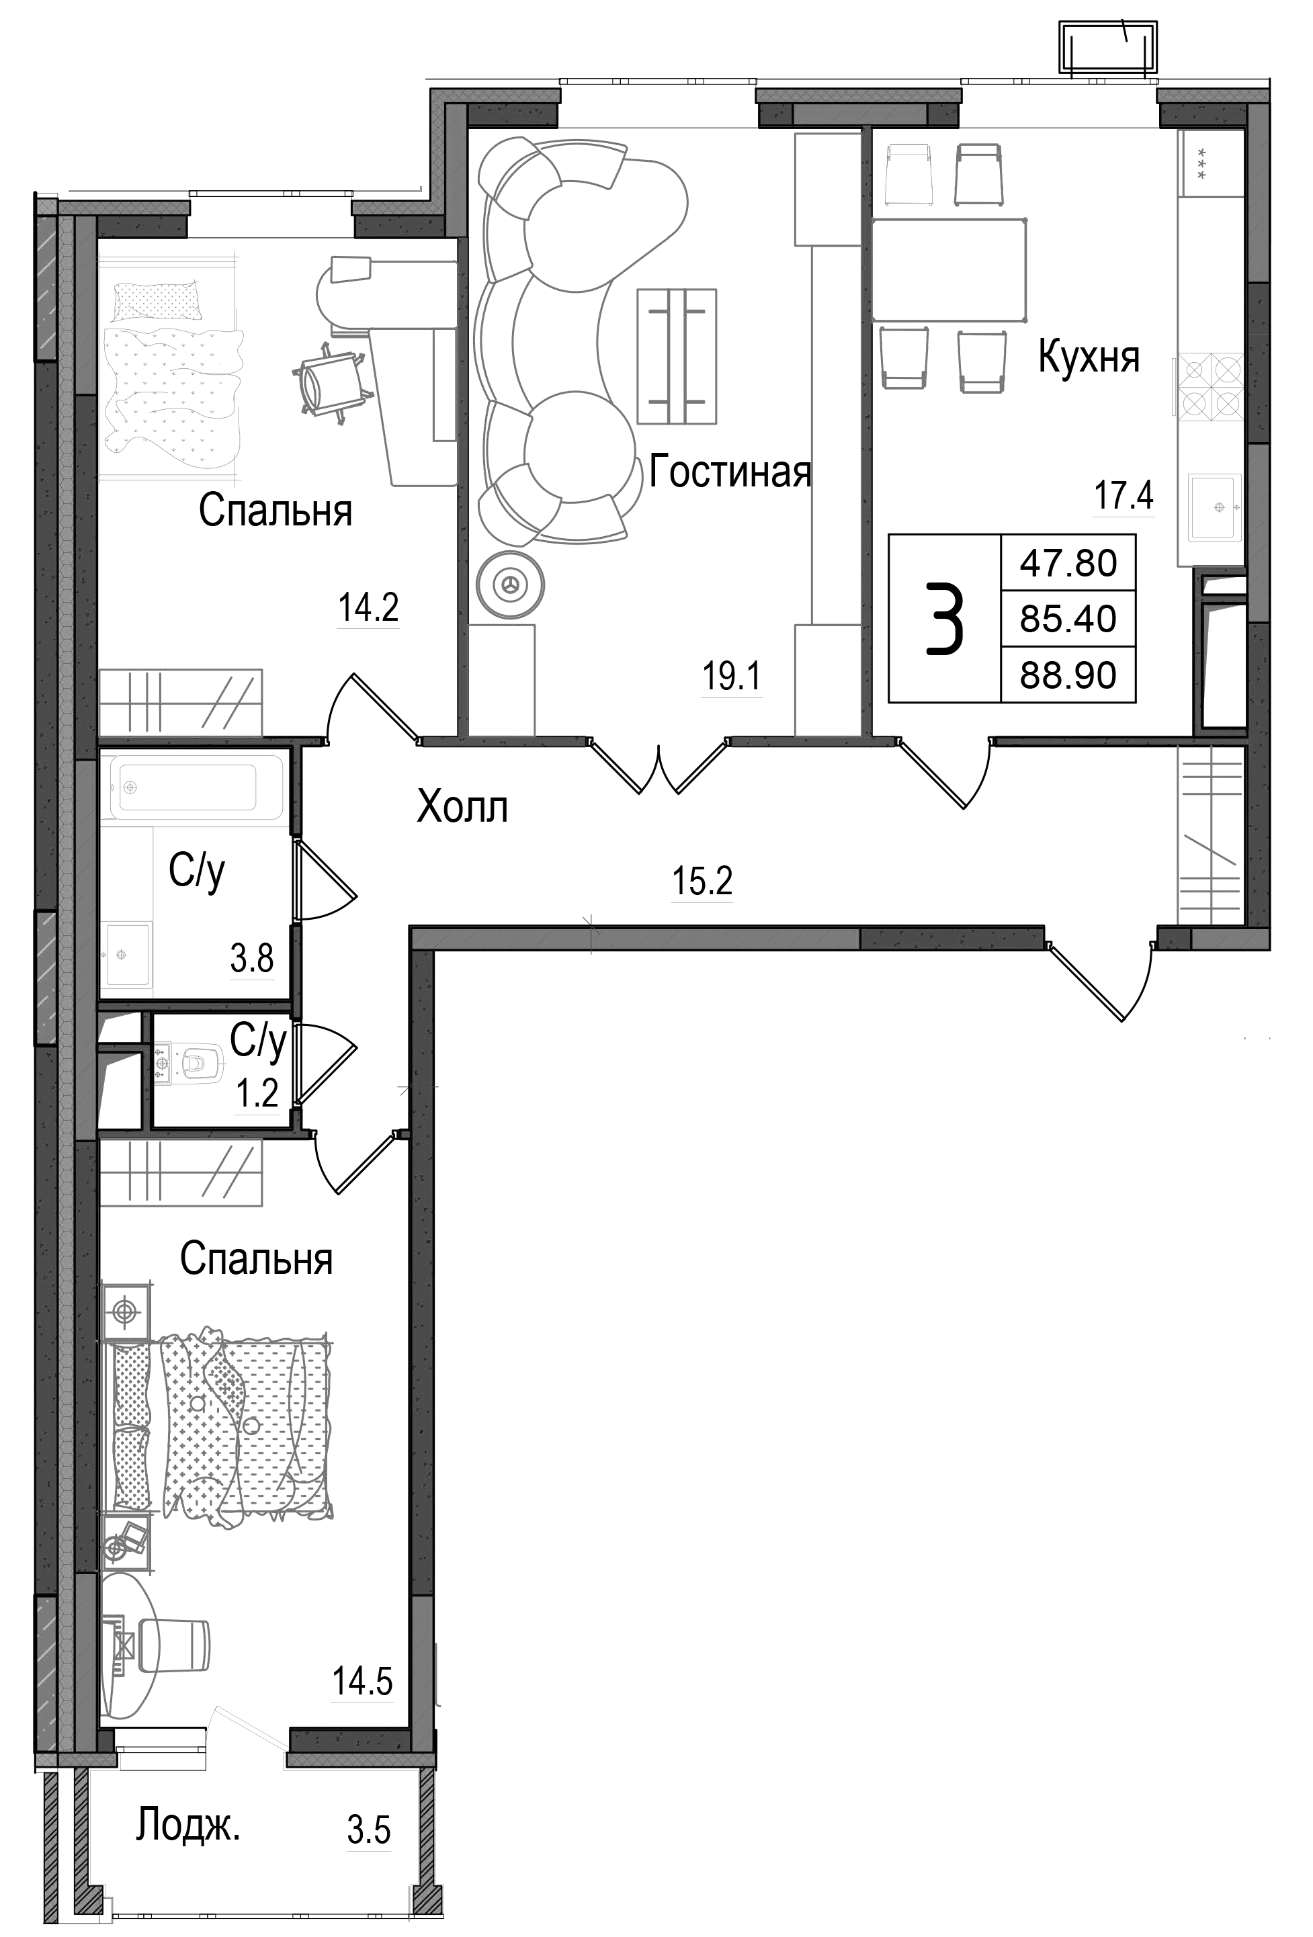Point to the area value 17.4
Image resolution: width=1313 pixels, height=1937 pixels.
pyautogui.click(x=1123, y=497)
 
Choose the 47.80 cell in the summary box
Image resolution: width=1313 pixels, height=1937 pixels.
pyautogui.click(x=1068, y=564)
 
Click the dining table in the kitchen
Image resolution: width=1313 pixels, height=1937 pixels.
pyautogui.click(x=948, y=269)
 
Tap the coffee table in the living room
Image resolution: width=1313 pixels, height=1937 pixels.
pyautogui.click(x=676, y=356)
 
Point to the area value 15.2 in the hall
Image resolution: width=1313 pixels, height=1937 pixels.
pyautogui.click(x=702, y=881)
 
